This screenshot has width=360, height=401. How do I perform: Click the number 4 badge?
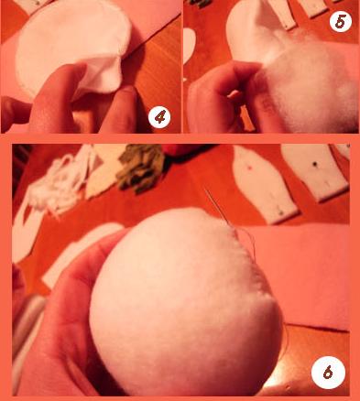pos(159,117)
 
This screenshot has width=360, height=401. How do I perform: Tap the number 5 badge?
pos(341,21)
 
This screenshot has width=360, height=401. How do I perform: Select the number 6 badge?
pos(328,372)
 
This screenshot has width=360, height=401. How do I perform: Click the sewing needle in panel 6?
pos(217,208)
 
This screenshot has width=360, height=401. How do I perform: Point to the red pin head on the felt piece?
pos(251,168)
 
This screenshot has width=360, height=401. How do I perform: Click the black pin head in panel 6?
pos(314,164)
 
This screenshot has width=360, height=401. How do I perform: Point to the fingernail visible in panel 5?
pos(235,94)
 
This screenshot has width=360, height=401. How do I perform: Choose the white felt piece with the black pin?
pos(314,172)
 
